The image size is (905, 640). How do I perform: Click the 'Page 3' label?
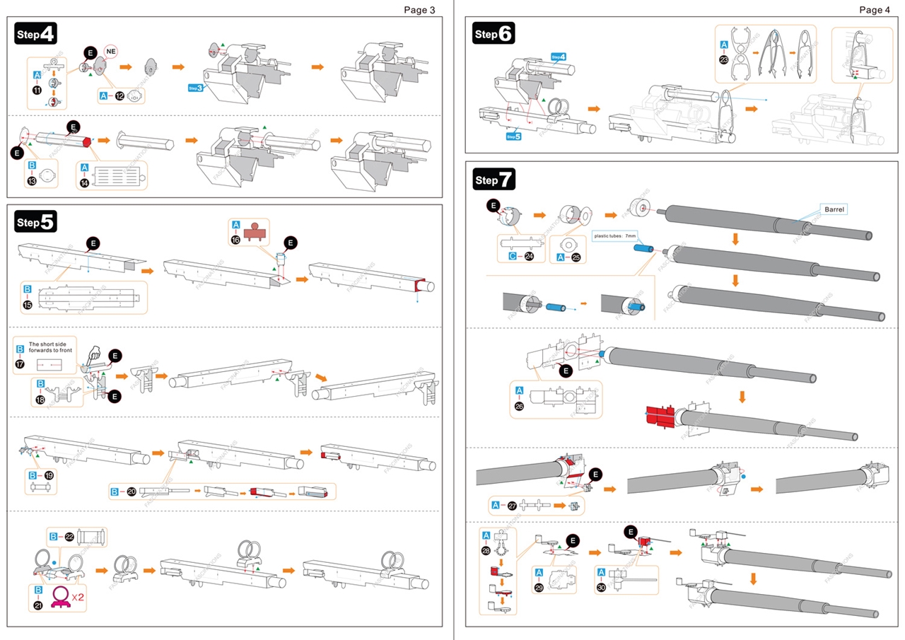point(419,10)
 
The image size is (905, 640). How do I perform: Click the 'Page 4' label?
point(875,10)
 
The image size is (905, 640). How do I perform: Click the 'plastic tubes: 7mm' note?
point(616,235)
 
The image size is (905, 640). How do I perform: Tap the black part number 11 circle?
point(37,90)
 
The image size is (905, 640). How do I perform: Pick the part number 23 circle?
point(723,60)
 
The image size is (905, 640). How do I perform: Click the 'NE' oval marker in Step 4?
point(110,51)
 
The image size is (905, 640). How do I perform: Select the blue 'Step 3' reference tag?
point(195,88)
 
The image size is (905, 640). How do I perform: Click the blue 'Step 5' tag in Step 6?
point(514,136)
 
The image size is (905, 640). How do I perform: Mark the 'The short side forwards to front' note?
point(50,347)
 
